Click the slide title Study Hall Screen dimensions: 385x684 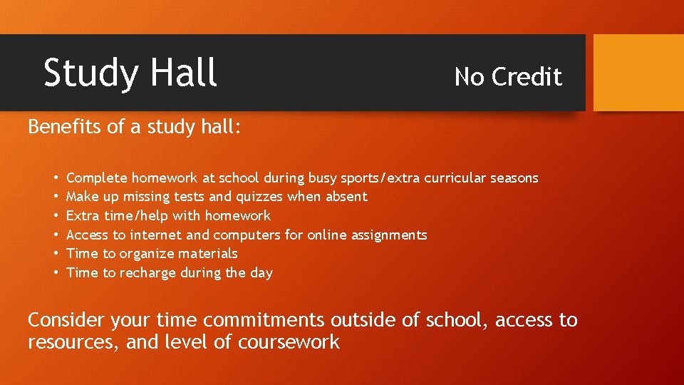tap(130, 73)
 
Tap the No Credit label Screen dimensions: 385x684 tap(508, 77)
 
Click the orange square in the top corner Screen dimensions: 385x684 tap(638, 73)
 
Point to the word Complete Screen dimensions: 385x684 tap(97, 178)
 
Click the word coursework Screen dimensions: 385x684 tap(289, 342)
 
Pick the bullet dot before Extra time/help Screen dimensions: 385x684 tap(55, 215)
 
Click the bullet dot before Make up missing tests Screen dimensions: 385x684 tap(55, 196)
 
